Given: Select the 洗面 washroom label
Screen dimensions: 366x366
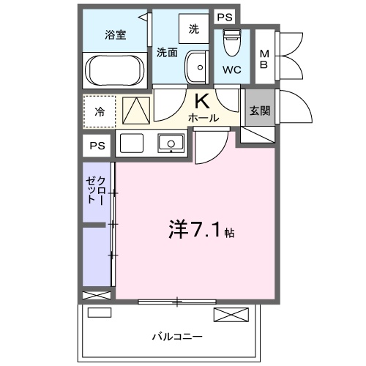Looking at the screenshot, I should pos(168,52).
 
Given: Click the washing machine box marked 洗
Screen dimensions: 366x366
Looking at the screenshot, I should pos(194,29).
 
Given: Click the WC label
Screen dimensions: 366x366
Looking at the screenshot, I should pos(232,70).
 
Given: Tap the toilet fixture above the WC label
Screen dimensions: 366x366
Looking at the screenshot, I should pos(233,42).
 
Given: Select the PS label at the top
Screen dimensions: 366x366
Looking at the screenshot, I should pos(224,16).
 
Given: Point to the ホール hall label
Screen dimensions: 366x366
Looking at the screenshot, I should pos(202,116).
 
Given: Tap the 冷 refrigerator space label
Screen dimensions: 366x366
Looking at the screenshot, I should pos(99,112).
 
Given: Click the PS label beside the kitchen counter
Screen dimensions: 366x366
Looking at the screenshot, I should pos(97,146).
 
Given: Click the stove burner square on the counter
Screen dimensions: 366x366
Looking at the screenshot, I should pos(131,143).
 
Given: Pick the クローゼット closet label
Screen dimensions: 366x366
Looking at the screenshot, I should pos(96,190).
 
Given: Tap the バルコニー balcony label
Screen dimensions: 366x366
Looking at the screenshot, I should pos(177,337).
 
